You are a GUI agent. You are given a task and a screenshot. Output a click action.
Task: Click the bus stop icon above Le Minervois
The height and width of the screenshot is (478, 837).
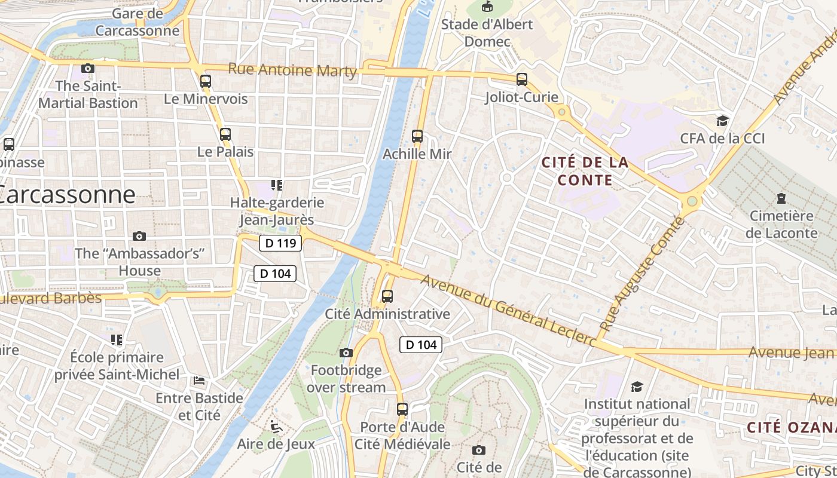pos(206,81)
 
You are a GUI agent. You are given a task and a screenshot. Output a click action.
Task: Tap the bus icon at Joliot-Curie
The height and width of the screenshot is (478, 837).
pos(522,79)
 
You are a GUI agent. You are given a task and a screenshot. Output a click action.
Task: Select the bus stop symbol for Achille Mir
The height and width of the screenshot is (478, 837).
pos(417,136)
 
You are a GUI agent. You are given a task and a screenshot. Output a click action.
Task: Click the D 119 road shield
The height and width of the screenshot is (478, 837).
pos(280,243)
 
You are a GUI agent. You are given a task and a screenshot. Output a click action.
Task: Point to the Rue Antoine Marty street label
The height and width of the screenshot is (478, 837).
pos(292,70)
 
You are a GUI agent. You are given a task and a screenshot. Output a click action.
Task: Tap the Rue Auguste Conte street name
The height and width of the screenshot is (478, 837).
pos(642,274)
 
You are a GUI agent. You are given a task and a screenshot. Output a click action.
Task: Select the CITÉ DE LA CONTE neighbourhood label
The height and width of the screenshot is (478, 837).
pos(585,171)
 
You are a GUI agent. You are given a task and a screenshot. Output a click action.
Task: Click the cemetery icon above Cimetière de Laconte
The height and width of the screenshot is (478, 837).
pos(781,198)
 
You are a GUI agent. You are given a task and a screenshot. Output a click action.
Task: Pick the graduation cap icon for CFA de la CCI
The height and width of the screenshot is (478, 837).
pos(722,121)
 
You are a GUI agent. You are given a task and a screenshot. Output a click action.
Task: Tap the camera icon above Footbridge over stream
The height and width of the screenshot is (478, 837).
pos(346,353)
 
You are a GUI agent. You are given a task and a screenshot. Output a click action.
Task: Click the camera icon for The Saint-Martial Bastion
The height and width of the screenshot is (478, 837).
pos(88,68)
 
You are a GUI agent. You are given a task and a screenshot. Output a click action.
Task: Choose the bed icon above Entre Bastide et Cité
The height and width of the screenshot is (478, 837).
pos(199,380)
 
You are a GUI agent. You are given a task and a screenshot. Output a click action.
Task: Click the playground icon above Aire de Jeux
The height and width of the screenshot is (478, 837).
pos(276,426)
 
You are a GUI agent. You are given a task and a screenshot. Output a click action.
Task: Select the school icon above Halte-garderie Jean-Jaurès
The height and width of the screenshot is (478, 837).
pos(276,185)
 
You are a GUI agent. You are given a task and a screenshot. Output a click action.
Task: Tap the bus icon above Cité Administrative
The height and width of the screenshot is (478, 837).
pos(387,296)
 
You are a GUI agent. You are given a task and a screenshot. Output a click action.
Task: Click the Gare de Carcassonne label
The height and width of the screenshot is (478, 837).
pos(138,22)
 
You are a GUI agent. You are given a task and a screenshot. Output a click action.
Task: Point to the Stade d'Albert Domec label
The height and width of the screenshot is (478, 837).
pos(487,33)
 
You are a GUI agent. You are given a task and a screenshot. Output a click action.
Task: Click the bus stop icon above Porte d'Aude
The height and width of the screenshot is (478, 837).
pos(402,409)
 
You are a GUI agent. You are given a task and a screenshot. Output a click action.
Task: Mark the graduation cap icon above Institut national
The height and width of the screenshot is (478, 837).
pos(637,387)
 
